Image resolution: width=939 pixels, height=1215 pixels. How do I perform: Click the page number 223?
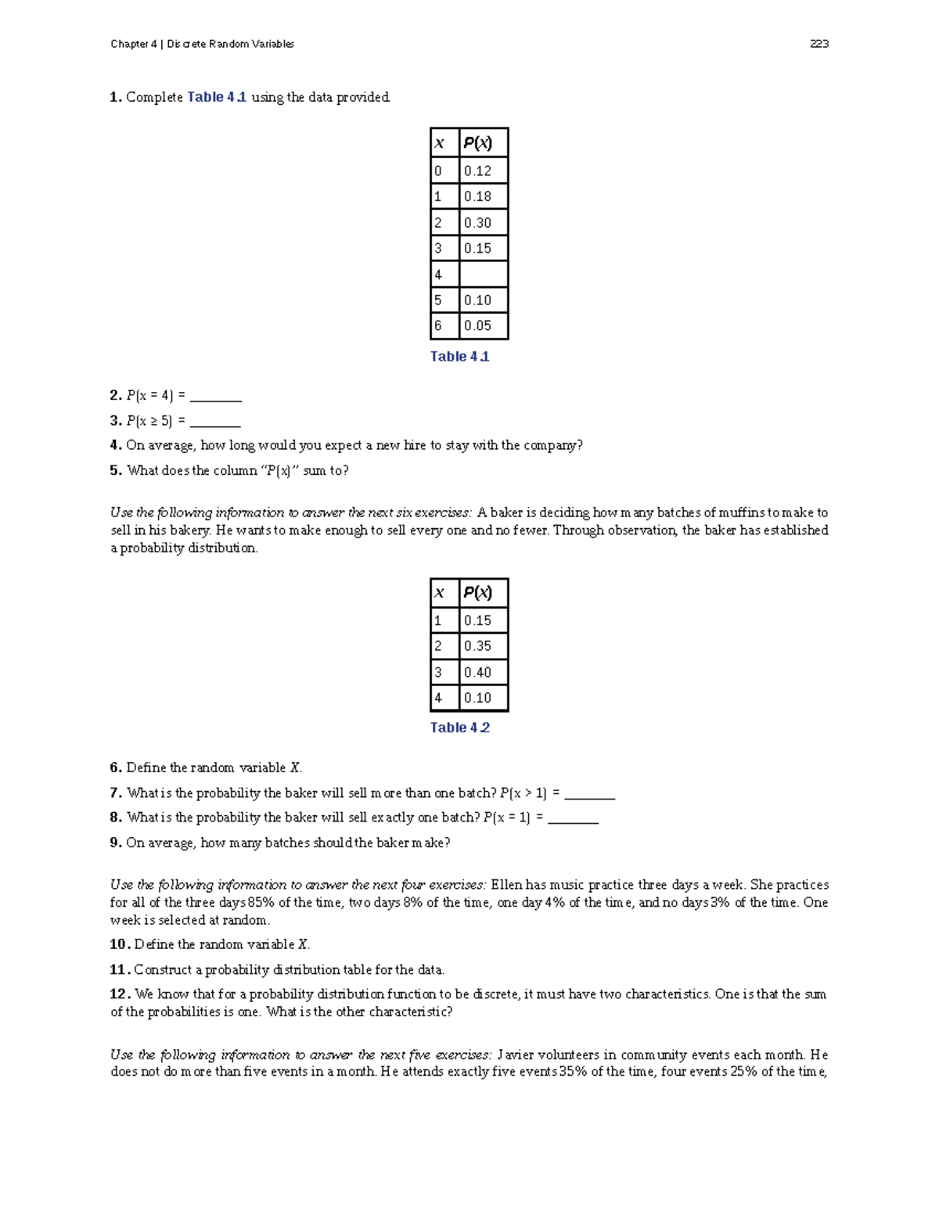click(x=819, y=44)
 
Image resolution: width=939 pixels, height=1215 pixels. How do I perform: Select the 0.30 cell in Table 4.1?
click(x=483, y=223)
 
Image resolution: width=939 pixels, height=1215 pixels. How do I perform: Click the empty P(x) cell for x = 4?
click(x=483, y=275)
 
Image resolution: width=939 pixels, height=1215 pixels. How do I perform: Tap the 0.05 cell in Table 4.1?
click(x=483, y=326)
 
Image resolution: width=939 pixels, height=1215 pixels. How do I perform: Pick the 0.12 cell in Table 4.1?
click(x=483, y=171)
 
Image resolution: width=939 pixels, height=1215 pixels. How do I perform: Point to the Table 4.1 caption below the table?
click(x=459, y=357)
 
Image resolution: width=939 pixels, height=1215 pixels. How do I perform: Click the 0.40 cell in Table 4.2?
click(x=483, y=672)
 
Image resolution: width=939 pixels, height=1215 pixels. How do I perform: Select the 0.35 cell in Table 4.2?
click(x=483, y=646)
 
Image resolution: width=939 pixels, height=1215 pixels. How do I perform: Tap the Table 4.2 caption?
click(x=459, y=728)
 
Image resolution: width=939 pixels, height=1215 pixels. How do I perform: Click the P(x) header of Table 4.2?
click(x=478, y=592)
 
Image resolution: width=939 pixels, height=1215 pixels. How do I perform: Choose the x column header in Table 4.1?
click(x=440, y=143)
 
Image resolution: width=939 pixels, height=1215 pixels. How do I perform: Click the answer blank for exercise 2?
click(x=215, y=397)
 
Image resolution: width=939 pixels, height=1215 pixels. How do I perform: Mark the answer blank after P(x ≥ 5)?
click(x=215, y=422)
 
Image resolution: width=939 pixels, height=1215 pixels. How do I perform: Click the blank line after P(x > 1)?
click(x=589, y=794)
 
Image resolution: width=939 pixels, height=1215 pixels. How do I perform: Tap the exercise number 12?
click(x=119, y=994)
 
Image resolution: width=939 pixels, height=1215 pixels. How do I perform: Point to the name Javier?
click(x=516, y=1055)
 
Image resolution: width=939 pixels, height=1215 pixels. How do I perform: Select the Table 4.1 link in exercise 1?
click(x=217, y=97)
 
